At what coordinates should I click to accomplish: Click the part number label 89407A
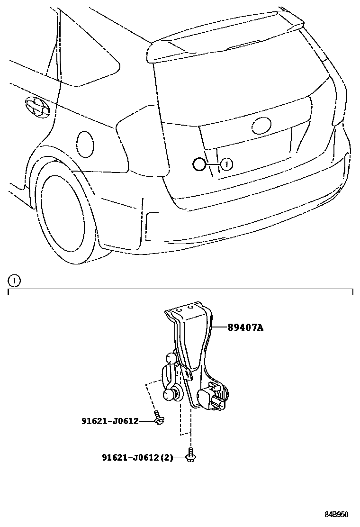pyautogui.click(x=245, y=327)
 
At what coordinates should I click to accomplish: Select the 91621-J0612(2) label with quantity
pyautogui.click(x=137, y=457)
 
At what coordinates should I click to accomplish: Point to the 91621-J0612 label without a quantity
pyautogui.click(x=110, y=420)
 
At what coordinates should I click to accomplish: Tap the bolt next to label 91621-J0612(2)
pyautogui.click(x=191, y=455)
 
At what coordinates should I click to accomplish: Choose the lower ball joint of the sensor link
pyautogui.click(x=170, y=394)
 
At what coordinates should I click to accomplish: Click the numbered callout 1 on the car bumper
pyautogui.click(x=227, y=164)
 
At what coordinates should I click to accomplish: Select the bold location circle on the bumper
pyautogui.click(x=199, y=164)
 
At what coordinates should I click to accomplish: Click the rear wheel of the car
pyautogui.click(x=64, y=213)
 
